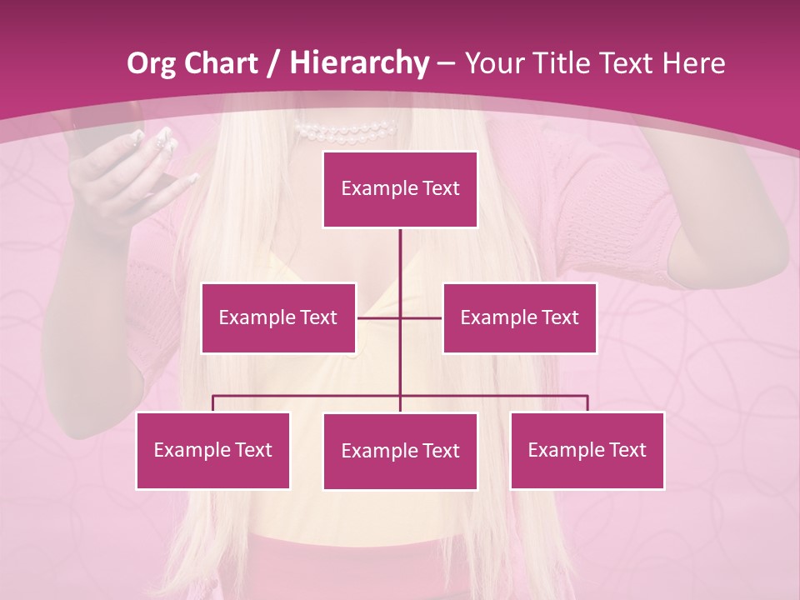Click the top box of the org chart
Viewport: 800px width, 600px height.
[x=400, y=189]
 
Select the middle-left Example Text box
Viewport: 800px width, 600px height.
[x=278, y=317]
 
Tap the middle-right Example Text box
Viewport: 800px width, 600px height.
[x=519, y=317]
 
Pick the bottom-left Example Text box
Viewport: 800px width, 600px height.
[x=212, y=450]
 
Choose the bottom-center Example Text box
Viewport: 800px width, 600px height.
[x=400, y=451]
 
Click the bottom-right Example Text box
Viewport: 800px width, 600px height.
[x=587, y=450]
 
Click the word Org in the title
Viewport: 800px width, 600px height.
[x=151, y=63]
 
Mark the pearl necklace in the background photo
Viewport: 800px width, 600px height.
[x=346, y=132]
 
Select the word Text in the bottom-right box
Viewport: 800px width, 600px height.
[x=627, y=450]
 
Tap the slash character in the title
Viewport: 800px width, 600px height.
[x=272, y=63]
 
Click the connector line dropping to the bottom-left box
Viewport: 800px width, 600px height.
[x=213, y=403]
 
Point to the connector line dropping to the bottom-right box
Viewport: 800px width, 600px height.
[x=587, y=403]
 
